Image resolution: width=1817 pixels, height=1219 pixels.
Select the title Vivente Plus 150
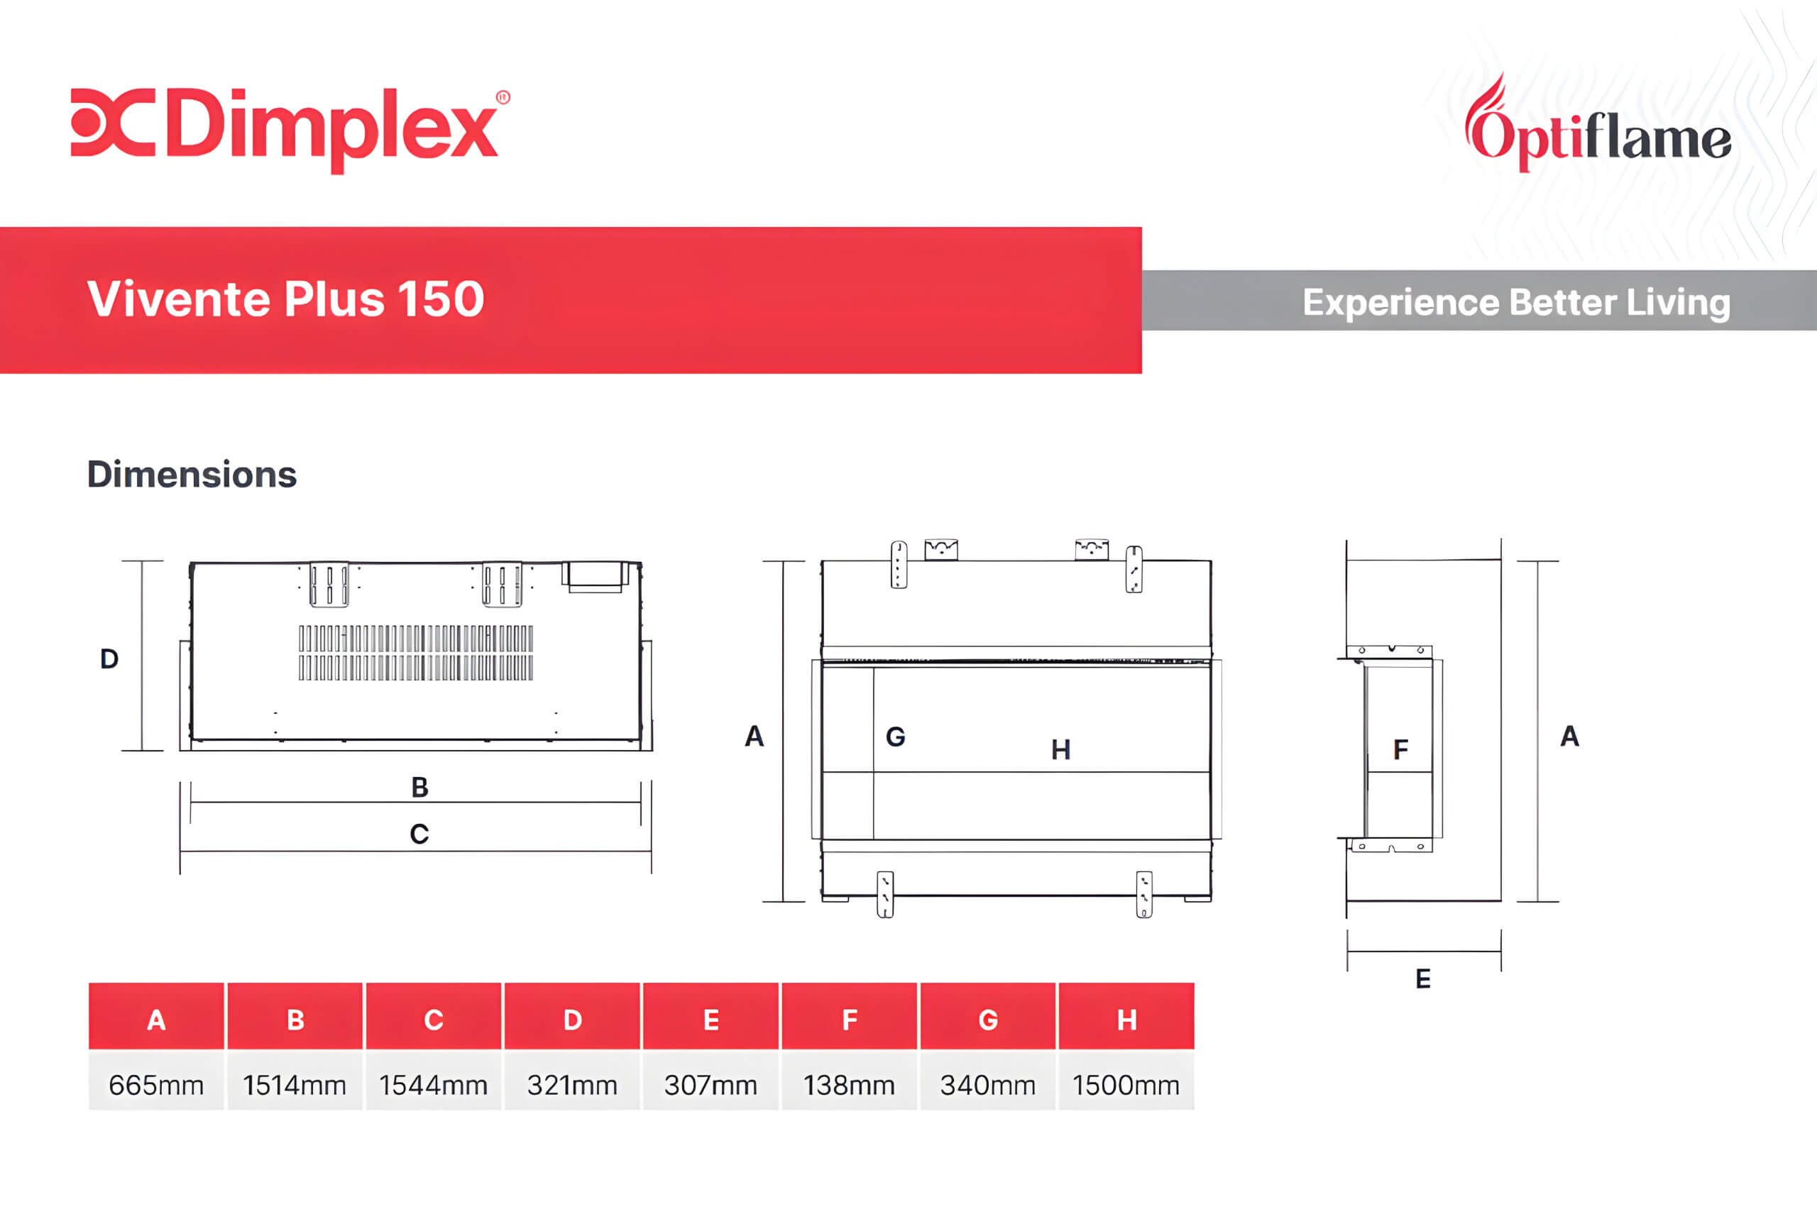pyautogui.click(x=285, y=299)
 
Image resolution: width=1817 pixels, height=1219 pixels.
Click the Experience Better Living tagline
pyautogui.click(x=1516, y=302)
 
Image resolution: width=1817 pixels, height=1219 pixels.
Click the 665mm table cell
pyautogui.click(x=156, y=1084)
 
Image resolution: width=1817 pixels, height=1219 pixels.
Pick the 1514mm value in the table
pyautogui.click(x=295, y=1084)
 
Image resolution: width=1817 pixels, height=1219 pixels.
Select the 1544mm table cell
pyautogui.click(x=433, y=1084)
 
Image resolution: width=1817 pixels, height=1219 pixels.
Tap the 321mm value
pyautogui.click(x=572, y=1084)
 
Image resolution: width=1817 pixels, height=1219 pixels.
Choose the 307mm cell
pyautogui.click(x=710, y=1084)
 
